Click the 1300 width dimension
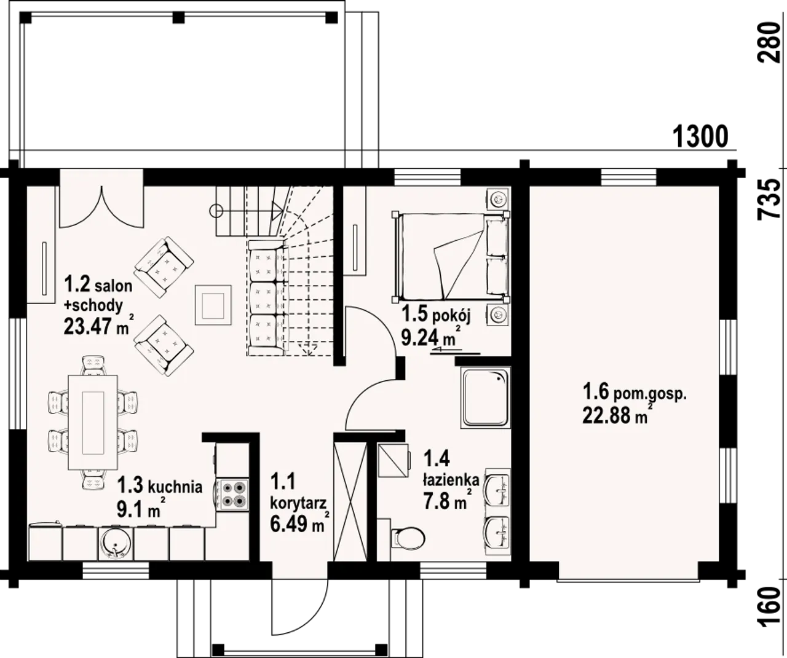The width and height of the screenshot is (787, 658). pyautogui.click(x=700, y=137)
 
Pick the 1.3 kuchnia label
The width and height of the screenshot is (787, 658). pyautogui.click(x=159, y=485)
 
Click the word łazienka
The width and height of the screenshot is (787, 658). pyautogui.click(x=451, y=480)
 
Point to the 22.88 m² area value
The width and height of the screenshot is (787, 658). pyautogui.click(x=618, y=415)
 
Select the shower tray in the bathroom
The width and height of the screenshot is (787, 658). pyautogui.click(x=486, y=399)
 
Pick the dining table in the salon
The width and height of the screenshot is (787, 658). pyautogui.click(x=93, y=422)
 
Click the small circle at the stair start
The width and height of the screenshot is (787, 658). pyautogui.click(x=217, y=211)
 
